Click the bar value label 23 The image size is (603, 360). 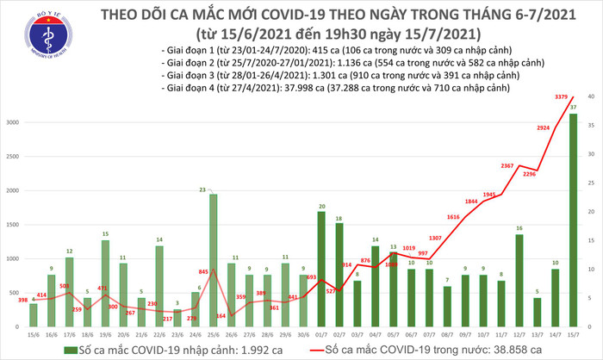(x=201, y=189)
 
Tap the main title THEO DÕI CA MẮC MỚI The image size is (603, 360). (x=341, y=15)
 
